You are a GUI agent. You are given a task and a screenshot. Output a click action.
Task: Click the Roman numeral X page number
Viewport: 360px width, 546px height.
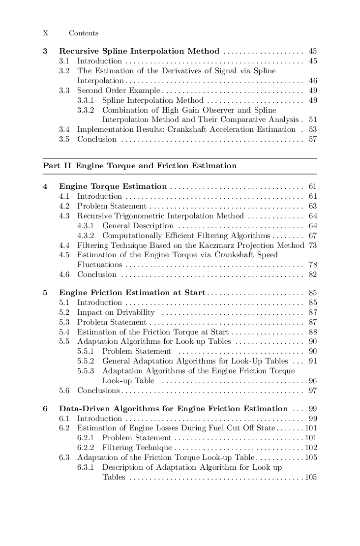click(46, 33)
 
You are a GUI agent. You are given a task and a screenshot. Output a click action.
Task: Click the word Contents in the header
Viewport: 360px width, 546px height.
click(84, 33)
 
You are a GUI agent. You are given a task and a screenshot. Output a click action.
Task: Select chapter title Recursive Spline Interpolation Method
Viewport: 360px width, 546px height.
click(139, 51)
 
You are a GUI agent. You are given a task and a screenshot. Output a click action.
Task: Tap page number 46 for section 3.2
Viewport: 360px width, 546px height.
click(312, 81)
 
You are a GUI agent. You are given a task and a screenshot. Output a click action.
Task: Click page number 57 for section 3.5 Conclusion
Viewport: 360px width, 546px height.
click(312, 139)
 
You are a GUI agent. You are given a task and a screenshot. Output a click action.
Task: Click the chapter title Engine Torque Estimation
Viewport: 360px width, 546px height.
click(113, 186)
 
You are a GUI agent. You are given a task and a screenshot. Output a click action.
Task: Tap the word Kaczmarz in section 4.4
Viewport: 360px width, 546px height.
click(231, 245)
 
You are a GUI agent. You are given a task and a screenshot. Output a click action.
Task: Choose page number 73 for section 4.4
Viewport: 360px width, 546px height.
click(312, 245)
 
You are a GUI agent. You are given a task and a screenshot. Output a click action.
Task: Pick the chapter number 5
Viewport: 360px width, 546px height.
click(45, 293)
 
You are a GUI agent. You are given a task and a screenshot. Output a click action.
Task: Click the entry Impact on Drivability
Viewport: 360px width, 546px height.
click(116, 312)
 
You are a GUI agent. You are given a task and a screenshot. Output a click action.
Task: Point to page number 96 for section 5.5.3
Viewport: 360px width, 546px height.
click(312, 381)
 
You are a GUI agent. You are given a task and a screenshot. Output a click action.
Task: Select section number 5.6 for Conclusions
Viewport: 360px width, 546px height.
click(64, 391)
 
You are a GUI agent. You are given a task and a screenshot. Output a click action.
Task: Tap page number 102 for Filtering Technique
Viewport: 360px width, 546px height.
click(311, 448)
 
